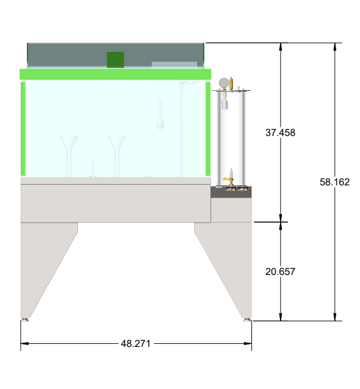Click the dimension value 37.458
(281, 132)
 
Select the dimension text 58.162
(334, 182)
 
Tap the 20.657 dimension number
(281, 272)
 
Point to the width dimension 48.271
(136, 344)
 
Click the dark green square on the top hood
(115, 60)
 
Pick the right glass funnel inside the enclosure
(117, 148)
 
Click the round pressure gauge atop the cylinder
(224, 82)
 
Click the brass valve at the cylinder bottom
(229, 179)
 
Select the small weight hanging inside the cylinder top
(225, 104)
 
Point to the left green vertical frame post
(23, 128)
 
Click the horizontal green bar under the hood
(115, 74)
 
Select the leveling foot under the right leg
(247, 319)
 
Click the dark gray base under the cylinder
(231, 192)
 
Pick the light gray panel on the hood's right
(174, 64)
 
